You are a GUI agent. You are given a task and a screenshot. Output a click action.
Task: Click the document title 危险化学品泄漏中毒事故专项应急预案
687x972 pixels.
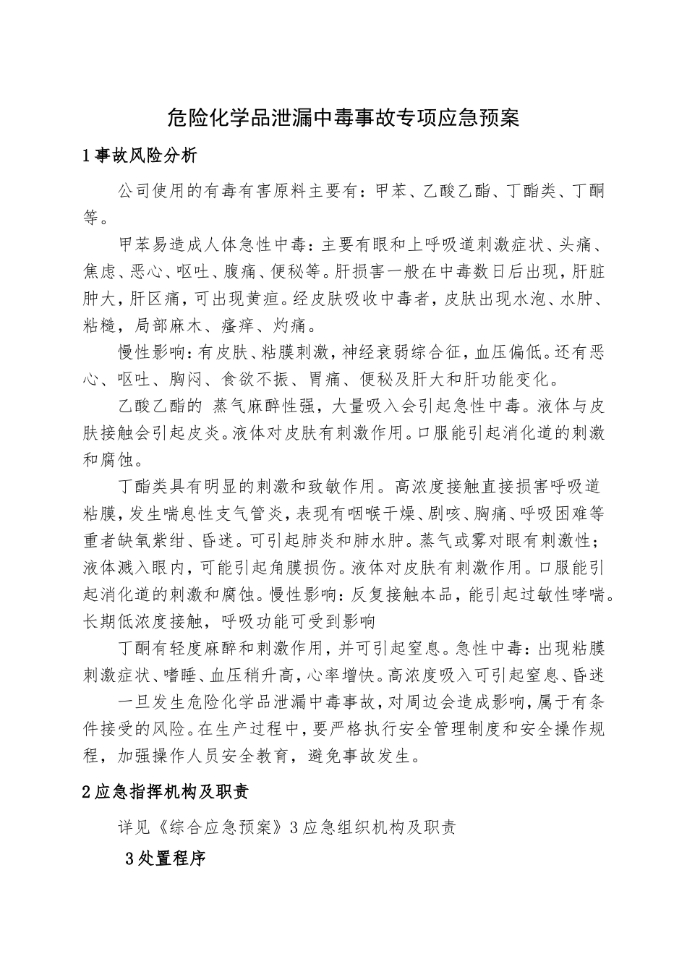pyautogui.click(x=343, y=117)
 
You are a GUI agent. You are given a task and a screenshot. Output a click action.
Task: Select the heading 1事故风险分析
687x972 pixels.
pyautogui.click(x=140, y=155)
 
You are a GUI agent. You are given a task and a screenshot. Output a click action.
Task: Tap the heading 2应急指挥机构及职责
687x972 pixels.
pyautogui.click(x=166, y=792)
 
